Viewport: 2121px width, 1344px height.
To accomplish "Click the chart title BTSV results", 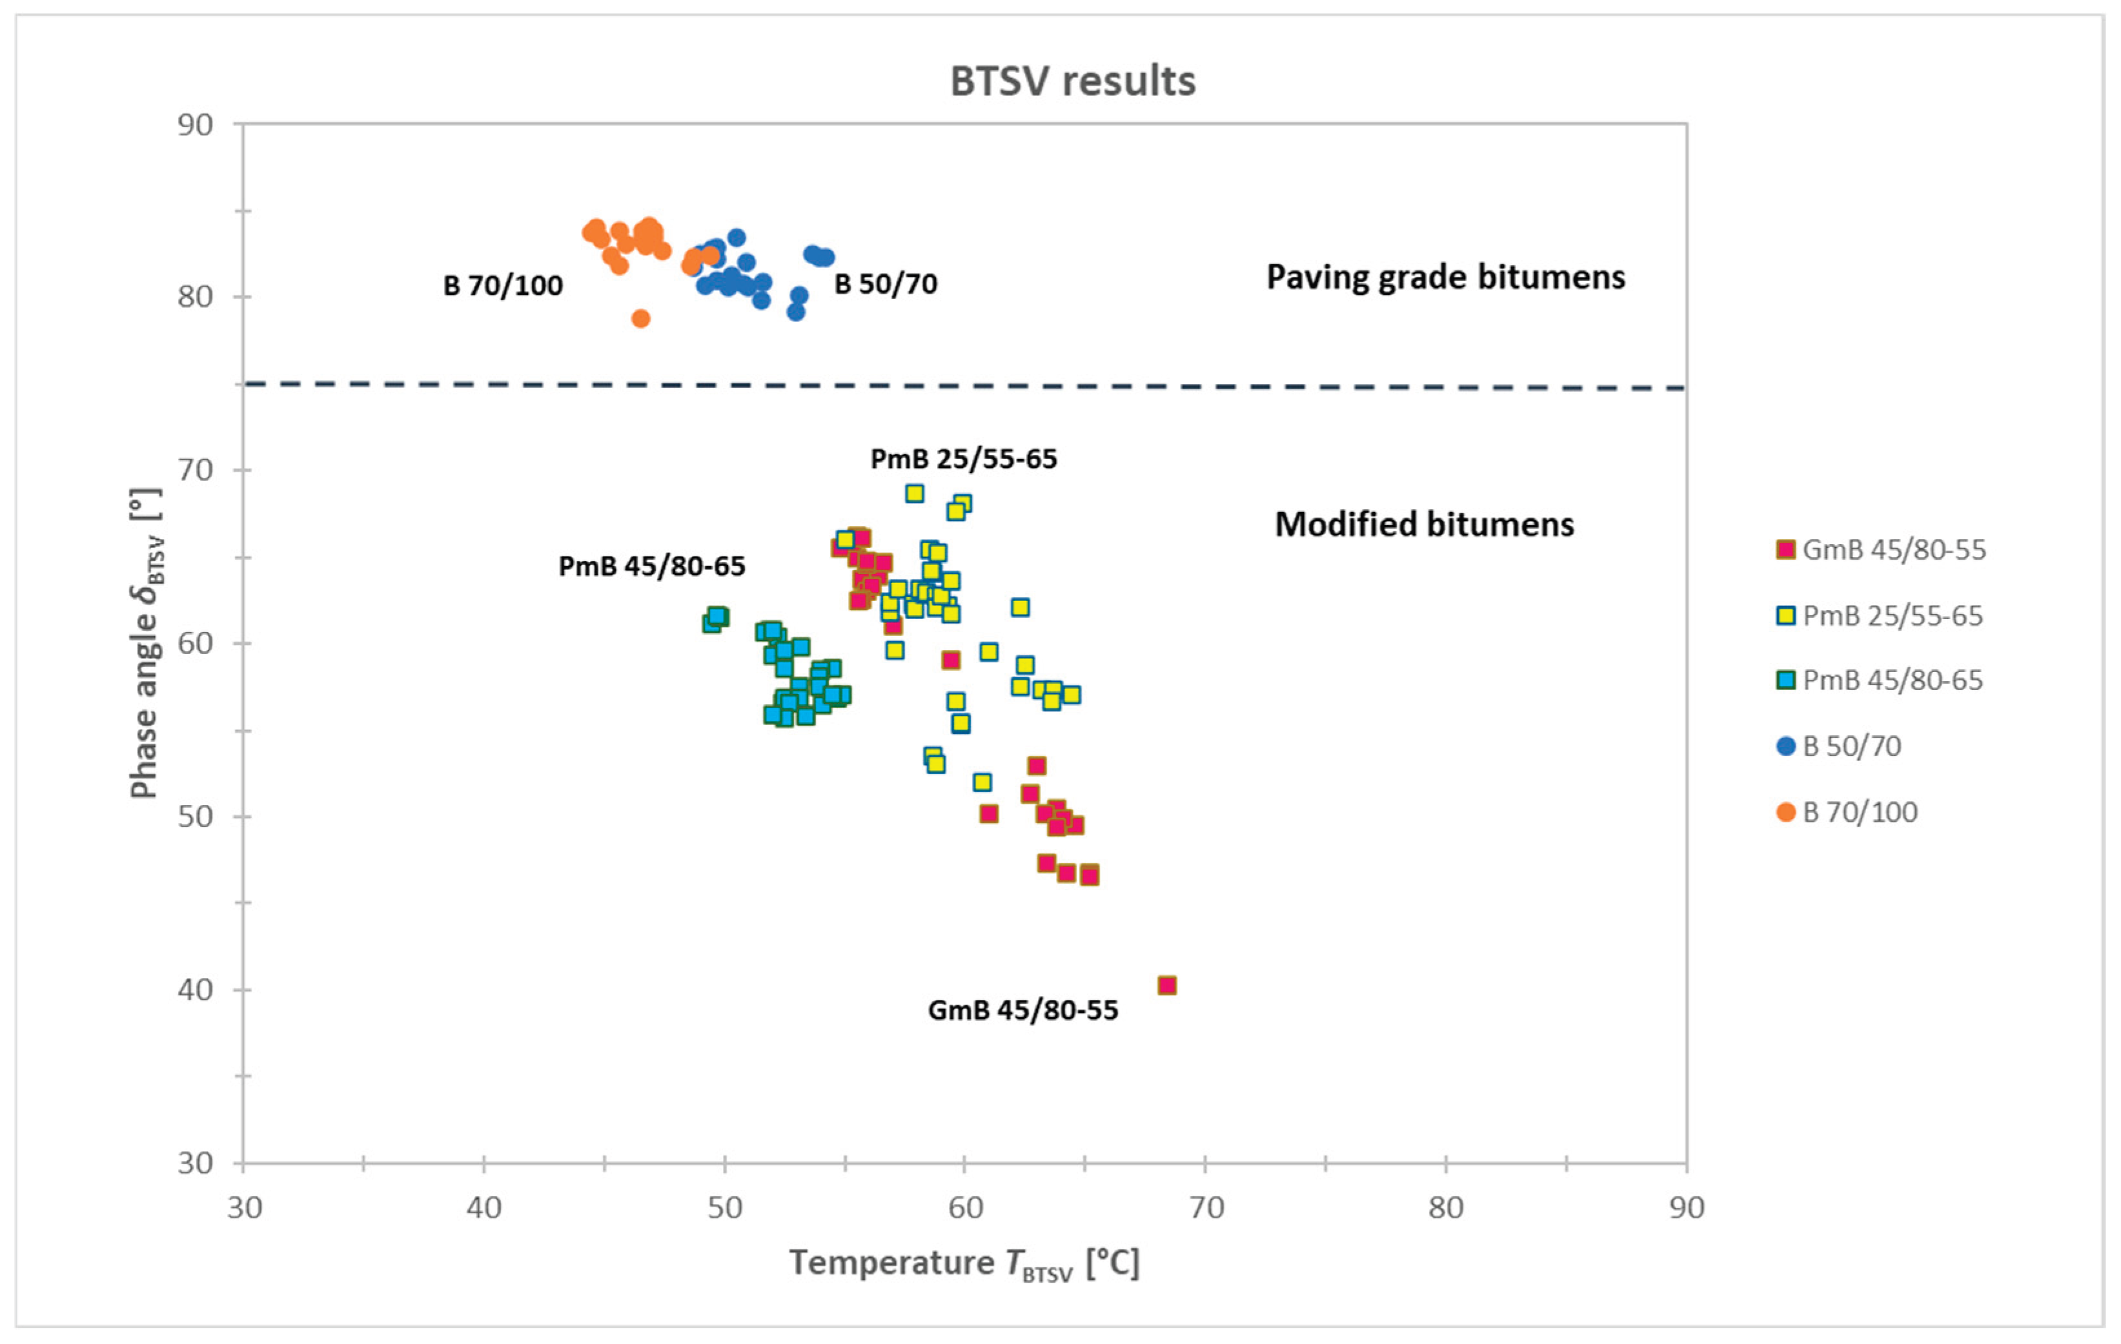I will [x=1072, y=81].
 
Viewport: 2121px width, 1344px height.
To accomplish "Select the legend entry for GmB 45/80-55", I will [x=1880, y=549].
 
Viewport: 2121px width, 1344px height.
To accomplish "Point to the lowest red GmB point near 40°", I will [x=1167, y=986].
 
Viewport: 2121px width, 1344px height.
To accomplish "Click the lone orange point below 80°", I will [x=640, y=319].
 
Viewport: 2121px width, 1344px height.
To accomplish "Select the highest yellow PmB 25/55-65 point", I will [x=914, y=493].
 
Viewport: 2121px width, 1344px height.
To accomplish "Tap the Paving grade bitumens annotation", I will [x=1445, y=278].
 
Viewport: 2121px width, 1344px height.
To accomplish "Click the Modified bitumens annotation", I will [x=1425, y=525].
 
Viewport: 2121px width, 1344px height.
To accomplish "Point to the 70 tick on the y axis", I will [x=196, y=471].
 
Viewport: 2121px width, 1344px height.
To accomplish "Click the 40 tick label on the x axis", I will [x=485, y=1208].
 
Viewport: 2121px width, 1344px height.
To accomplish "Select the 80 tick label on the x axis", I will [x=1445, y=1208].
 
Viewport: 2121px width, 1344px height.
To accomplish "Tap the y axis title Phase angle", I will [x=145, y=643].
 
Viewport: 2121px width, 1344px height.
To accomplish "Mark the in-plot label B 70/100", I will [x=502, y=286].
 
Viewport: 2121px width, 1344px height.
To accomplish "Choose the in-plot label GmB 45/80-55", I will [x=1022, y=1010].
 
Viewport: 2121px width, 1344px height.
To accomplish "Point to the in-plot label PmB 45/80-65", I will [x=652, y=566].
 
